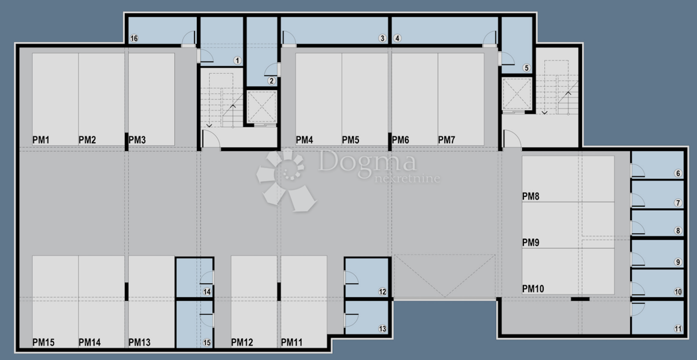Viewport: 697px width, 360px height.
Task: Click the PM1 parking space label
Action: pyautogui.click(x=41, y=140)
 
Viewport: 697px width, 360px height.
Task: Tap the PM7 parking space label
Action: pyautogui.click(x=447, y=140)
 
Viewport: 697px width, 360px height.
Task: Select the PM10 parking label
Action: pyautogui.click(x=533, y=289)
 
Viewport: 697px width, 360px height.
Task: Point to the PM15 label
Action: pyautogui.click(x=44, y=342)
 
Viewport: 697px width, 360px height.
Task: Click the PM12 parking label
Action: pyautogui.click(x=242, y=342)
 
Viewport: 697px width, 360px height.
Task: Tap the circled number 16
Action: pyautogui.click(x=134, y=38)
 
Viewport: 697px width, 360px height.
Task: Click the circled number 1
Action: pyautogui.click(x=238, y=60)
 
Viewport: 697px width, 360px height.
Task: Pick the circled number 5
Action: pyautogui.click(x=526, y=68)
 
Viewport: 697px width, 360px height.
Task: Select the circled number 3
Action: pyautogui.click(x=382, y=38)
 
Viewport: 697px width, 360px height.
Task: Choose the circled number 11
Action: pyautogui.click(x=678, y=329)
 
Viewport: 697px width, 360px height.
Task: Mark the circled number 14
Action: pyautogui.click(x=207, y=292)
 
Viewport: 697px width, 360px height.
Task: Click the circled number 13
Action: pyautogui.click(x=382, y=329)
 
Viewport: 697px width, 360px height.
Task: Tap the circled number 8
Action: pyautogui.click(x=678, y=231)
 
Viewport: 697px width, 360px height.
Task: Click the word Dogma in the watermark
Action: pyautogui.click(x=367, y=161)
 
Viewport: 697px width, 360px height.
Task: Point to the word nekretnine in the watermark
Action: pyautogui.click(x=408, y=179)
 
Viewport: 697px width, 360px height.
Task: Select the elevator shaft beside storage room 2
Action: pyautogui.click(x=262, y=107)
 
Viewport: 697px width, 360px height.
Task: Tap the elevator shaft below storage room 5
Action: pyautogui.click(x=517, y=93)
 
